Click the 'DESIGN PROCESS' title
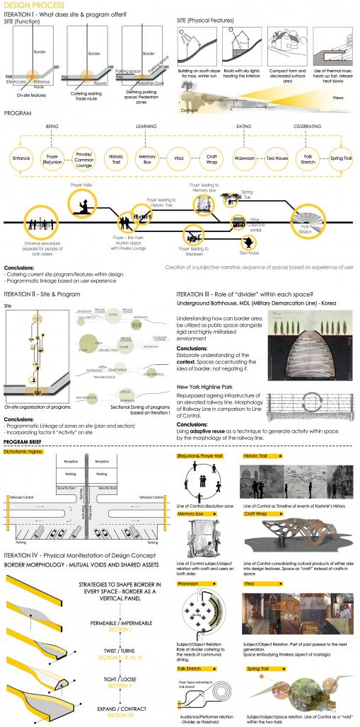26,4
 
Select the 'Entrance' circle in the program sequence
21,156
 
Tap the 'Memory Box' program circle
147,156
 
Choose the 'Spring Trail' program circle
340,156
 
